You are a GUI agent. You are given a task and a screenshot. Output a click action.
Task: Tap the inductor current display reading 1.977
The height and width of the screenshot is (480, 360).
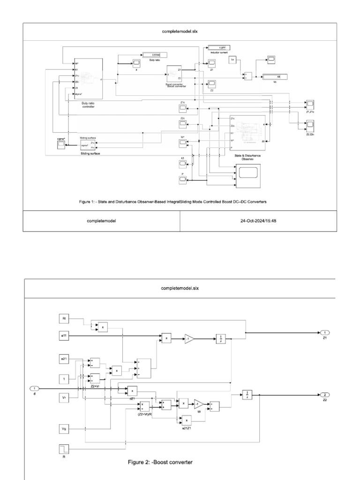(x=218, y=48)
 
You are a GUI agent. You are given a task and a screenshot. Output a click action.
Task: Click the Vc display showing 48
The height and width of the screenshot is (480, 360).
(x=275, y=77)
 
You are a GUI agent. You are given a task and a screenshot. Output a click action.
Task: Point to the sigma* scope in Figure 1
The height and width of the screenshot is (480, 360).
(x=61, y=145)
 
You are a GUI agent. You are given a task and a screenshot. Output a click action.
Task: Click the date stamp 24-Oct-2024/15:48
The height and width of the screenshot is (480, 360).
(x=258, y=220)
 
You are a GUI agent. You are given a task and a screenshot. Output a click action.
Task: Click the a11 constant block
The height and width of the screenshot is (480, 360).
(x=64, y=336)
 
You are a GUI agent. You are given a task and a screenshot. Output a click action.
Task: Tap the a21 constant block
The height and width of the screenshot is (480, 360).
(x=64, y=359)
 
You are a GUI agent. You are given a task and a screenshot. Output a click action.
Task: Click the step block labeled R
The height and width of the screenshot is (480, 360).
(x=64, y=450)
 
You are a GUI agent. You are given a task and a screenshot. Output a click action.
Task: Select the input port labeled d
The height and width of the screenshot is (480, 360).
(x=34, y=388)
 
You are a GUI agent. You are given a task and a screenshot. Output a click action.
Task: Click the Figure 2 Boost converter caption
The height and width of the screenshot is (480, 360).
(x=160, y=463)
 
